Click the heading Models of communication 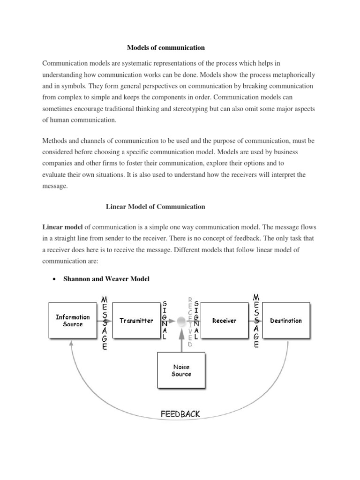pyautogui.click(x=166, y=47)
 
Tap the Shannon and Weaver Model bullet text pyautogui.click(x=107, y=279)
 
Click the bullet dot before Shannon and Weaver pyautogui.click(x=54, y=279)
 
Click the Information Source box pyautogui.click(x=73, y=321)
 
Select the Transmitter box pyautogui.click(x=136, y=321)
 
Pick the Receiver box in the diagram pyautogui.click(x=224, y=321)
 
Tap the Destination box pyautogui.click(x=286, y=321)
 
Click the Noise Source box pyautogui.click(x=181, y=371)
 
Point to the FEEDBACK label pyautogui.click(x=180, y=413)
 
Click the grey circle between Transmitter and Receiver pyautogui.click(x=181, y=321)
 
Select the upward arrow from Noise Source pyautogui.click(x=181, y=340)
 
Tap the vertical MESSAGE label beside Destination pyautogui.click(x=256, y=322)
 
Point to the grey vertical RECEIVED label pyautogui.click(x=190, y=322)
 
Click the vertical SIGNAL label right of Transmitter pyautogui.click(x=163, y=322)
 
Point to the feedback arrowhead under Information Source pyautogui.click(x=71, y=344)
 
